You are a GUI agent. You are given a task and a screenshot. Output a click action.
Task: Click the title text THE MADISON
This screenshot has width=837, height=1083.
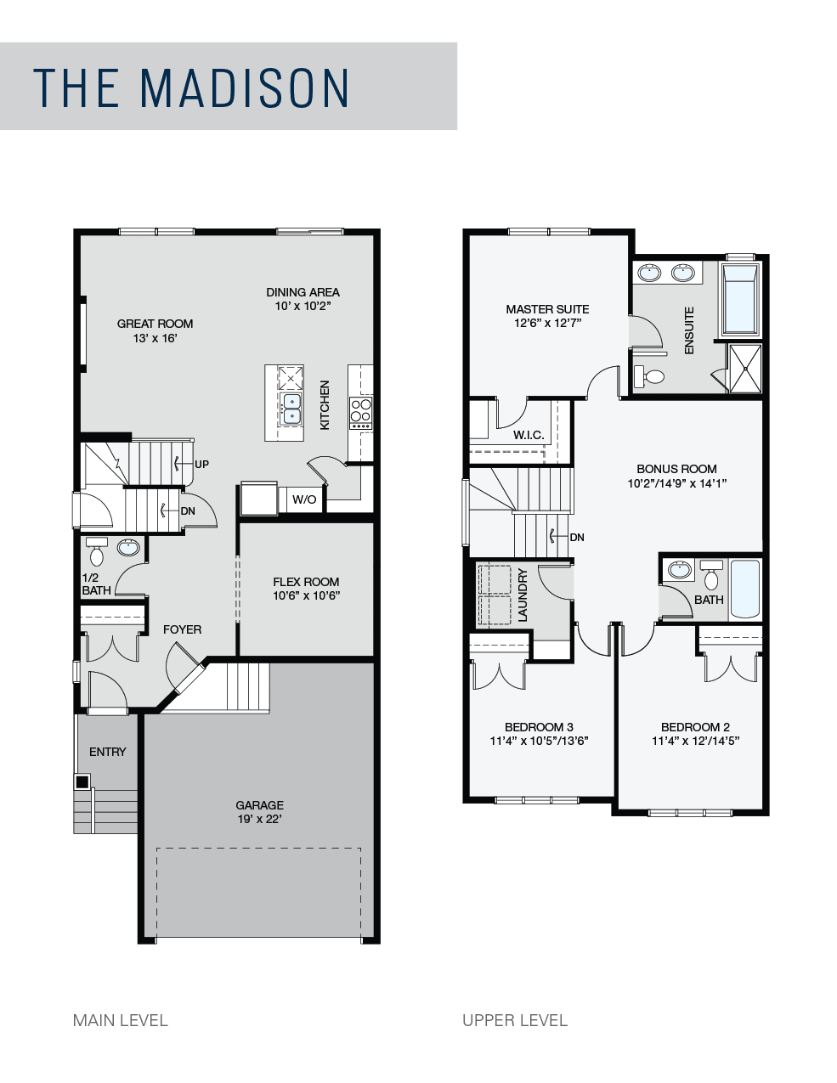tap(191, 87)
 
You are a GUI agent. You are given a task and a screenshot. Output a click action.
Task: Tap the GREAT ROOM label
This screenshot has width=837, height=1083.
tap(155, 324)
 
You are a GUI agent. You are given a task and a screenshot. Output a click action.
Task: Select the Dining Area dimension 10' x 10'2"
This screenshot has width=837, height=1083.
tap(303, 306)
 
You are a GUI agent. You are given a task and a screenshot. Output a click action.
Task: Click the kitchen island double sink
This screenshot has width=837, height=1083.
tap(291, 409)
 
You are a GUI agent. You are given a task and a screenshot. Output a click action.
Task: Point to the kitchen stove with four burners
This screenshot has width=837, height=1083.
tap(361, 413)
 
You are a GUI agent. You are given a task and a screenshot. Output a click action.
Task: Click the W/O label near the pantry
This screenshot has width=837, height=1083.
tap(304, 499)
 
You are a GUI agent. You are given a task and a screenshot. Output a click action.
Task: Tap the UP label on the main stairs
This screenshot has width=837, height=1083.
tap(202, 464)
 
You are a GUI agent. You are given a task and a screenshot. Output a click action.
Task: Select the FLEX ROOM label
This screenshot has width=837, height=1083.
tap(306, 582)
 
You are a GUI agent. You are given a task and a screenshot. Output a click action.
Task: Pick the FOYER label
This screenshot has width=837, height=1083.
tap(183, 629)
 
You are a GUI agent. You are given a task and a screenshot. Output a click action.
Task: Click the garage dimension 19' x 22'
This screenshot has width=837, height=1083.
tap(260, 819)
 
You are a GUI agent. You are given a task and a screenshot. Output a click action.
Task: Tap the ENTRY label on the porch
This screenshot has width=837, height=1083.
tap(108, 752)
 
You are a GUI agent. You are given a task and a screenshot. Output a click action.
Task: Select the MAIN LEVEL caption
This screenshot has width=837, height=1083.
tap(120, 1021)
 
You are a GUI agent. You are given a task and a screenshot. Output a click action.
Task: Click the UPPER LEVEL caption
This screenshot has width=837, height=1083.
tap(515, 1021)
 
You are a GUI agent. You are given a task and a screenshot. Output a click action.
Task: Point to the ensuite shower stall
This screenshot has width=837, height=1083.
tap(746, 369)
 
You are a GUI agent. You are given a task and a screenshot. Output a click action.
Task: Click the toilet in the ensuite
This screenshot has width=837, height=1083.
tap(649, 376)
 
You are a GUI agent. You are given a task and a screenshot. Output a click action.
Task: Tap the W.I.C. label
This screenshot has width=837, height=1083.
tap(529, 435)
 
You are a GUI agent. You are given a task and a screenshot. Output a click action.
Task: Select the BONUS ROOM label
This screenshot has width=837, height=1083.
tap(676, 469)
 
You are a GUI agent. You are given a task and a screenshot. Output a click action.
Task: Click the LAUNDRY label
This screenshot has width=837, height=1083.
tap(523, 595)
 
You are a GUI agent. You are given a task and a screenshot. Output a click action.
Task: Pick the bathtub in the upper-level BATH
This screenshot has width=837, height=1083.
tap(744, 589)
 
